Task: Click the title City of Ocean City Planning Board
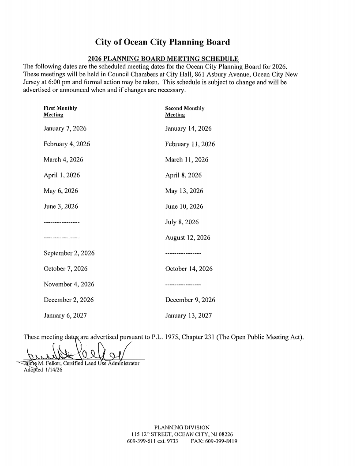click(163, 42)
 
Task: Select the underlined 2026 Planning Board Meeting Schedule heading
click(163, 59)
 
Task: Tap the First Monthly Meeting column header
click(60, 111)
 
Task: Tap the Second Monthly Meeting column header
click(184, 111)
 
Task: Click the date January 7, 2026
click(65, 129)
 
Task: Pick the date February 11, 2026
click(190, 144)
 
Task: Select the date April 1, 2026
click(61, 175)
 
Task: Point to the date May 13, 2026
click(185, 191)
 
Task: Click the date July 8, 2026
click(182, 222)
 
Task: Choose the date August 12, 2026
click(188, 238)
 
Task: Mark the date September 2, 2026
click(69, 253)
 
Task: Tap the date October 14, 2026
click(189, 269)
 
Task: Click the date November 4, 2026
click(69, 285)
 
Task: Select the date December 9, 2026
click(190, 300)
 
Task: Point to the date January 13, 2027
click(188, 316)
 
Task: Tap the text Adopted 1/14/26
click(43, 370)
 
